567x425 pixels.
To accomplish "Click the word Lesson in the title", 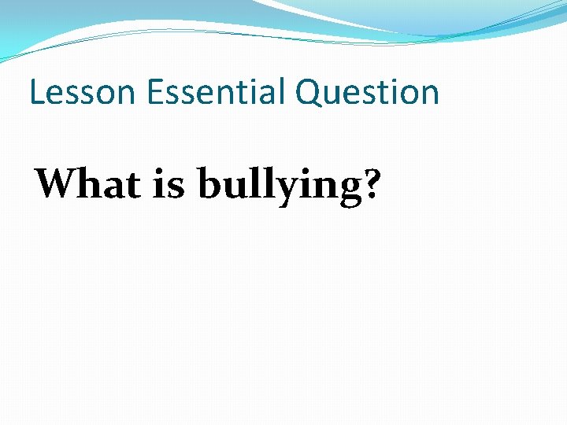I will click(82, 92).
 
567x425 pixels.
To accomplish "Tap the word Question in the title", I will click(367, 93).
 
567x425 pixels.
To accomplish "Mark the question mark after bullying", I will click(366, 184).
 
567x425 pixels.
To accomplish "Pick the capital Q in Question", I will click(309, 93).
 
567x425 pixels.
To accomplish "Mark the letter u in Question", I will click(334, 95).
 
